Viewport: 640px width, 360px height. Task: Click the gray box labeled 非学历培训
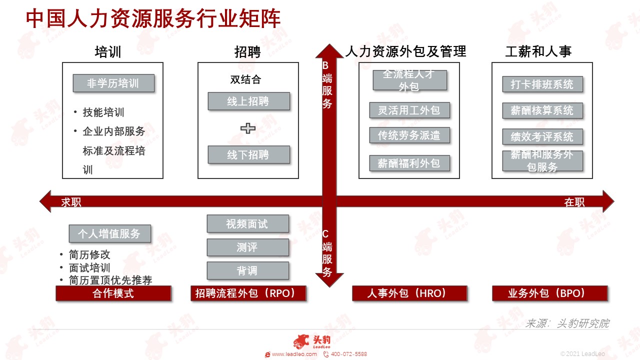coord(113,83)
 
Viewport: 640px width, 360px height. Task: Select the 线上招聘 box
coord(248,101)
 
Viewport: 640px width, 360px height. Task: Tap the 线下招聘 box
coord(248,154)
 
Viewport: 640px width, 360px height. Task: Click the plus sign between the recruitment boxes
coord(247,128)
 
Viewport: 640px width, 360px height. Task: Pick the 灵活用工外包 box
coord(409,110)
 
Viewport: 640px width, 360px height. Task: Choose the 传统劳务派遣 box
coord(409,135)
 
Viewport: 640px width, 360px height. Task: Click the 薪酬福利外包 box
coord(409,163)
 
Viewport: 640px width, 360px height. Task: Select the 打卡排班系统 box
coord(542,84)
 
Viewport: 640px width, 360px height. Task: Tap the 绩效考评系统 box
coord(542,136)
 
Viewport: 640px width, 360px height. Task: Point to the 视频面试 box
coord(247,223)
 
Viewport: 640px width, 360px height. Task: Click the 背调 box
coord(247,270)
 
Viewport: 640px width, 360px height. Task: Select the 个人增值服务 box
coord(109,233)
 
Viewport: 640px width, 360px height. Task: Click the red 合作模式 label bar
coord(113,293)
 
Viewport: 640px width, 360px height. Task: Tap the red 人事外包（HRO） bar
coord(409,293)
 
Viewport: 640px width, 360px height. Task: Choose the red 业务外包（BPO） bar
coord(549,293)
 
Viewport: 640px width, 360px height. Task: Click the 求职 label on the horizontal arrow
coord(71,202)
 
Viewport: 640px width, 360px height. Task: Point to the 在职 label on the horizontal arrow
coord(574,202)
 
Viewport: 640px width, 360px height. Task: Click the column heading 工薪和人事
coord(538,51)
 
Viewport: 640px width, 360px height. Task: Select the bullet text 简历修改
coord(89,254)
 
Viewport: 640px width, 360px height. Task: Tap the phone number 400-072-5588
coord(349,354)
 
